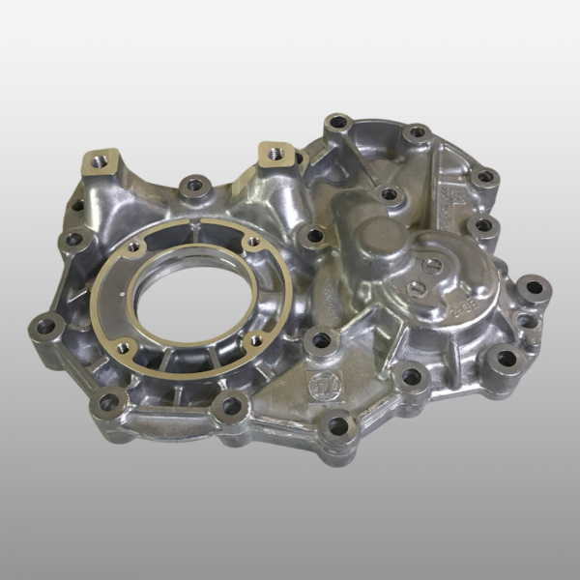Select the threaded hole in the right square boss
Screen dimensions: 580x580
(x=274, y=151)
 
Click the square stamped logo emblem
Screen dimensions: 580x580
(x=318, y=383)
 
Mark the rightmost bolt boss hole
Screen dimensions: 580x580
(x=533, y=287)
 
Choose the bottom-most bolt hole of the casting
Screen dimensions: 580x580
(x=337, y=424)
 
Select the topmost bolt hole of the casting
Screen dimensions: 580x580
(x=337, y=123)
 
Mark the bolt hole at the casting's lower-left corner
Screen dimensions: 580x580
(x=109, y=400)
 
